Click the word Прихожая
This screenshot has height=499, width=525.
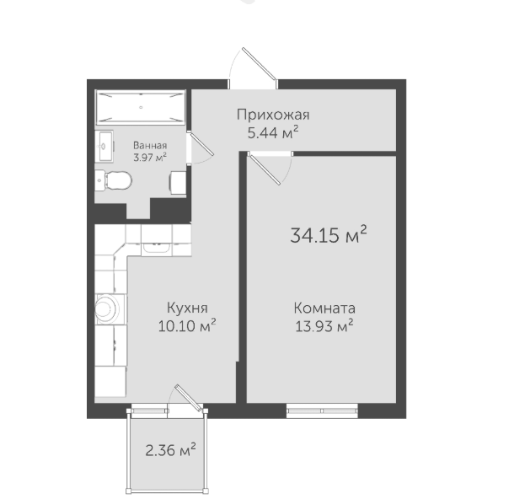tap(273, 115)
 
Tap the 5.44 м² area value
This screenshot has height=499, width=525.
tap(272, 132)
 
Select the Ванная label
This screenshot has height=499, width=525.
tap(150, 146)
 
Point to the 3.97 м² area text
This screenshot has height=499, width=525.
tap(150, 157)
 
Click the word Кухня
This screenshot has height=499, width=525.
tap(187, 309)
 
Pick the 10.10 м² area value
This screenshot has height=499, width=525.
tap(187, 325)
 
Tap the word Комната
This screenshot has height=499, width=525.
tap(324, 309)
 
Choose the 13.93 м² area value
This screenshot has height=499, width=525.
tap(324, 325)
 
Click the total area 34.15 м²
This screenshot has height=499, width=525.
tap(329, 234)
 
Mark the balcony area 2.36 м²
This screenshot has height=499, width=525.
tap(170, 450)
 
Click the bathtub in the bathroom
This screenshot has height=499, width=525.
tap(140, 107)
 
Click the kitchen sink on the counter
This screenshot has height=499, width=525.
tap(157, 247)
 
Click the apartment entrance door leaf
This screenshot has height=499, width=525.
tap(259, 65)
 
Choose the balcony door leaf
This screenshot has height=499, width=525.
tap(189, 398)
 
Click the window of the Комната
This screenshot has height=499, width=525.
tap(322, 410)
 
